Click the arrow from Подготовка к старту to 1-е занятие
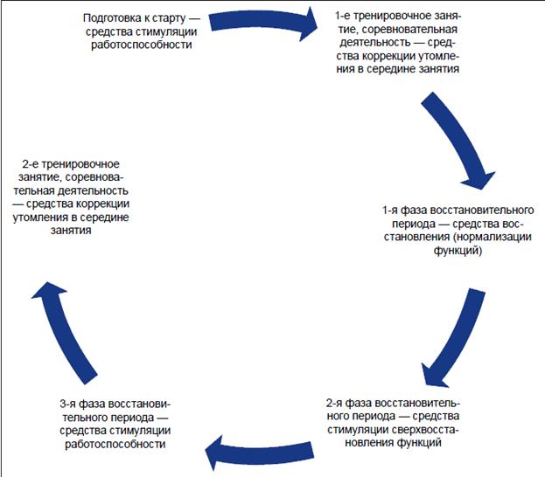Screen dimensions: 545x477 (x=262, y=24)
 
